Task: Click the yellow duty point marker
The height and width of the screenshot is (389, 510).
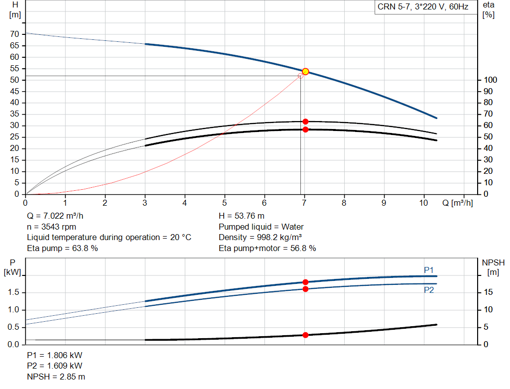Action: pyautogui.click(x=305, y=72)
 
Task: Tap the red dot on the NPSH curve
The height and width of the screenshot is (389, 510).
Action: pyautogui.click(x=305, y=335)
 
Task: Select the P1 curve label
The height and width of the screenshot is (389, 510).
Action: pyautogui.click(x=429, y=270)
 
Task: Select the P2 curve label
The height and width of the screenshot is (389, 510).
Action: pyautogui.click(x=429, y=290)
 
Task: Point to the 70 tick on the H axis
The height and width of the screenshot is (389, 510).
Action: pyautogui.click(x=14, y=34)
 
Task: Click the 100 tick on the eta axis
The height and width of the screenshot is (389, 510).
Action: pyautogui.click(x=490, y=80)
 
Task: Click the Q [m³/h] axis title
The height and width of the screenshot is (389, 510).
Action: pyautogui.click(x=458, y=203)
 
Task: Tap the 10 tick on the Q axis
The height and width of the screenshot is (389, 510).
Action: pyautogui.click(x=423, y=203)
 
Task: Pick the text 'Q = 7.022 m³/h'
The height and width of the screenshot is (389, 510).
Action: pyautogui.click(x=55, y=216)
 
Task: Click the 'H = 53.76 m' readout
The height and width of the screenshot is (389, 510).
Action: pyautogui.click(x=242, y=216)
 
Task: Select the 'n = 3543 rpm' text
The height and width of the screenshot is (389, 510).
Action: pyautogui.click(x=51, y=227)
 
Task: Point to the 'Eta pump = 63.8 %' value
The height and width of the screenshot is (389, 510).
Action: pyautogui.click(x=62, y=248)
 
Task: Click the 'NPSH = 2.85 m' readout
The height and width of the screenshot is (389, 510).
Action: pyautogui.click(x=56, y=377)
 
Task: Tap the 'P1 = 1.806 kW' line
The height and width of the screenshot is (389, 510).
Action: pyautogui.click(x=55, y=355)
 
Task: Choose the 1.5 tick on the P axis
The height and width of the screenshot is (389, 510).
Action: pyautogui.click(x=13, y=292)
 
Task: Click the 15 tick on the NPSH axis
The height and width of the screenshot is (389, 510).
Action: pyautogui.click(x=488, y=292)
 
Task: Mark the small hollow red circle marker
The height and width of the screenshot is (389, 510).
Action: pyautogui.click(x=300, y=76)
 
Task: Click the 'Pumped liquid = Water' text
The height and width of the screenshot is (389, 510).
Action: pyautogui.click(x=261, y=227)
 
